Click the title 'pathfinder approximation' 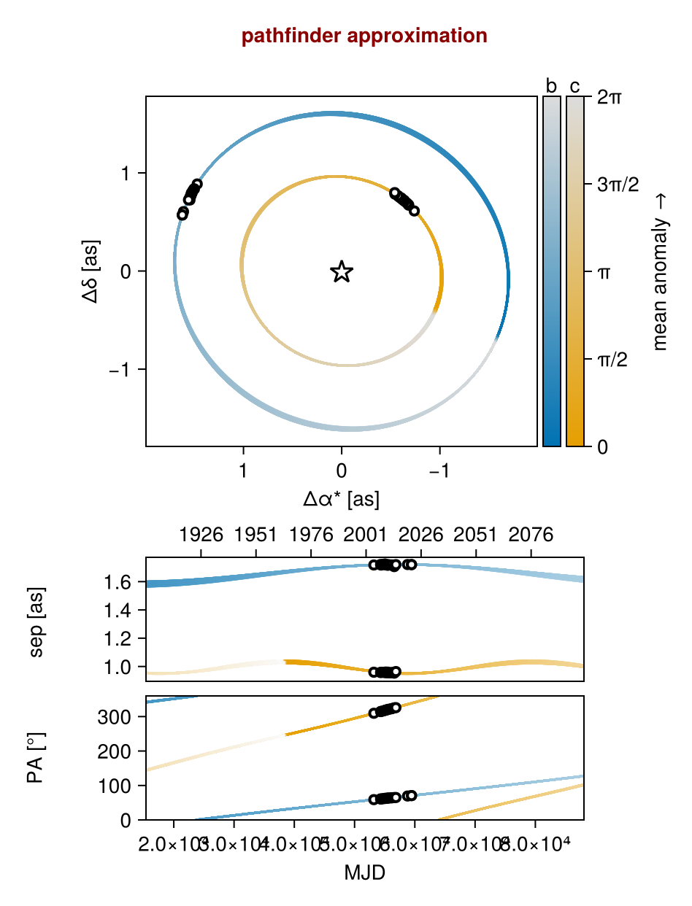click(364, 36)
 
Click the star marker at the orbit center click(342, 272)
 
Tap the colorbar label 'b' click(551, 86)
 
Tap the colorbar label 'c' click(575, 86)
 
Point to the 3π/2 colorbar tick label click(618, 185)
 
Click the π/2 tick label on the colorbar click(613, 359)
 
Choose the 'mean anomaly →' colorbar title click(661, 271)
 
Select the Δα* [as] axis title click(341, 499)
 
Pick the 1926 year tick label click(201, 535)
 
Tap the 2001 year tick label click(366, 535)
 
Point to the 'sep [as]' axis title click(36, 620)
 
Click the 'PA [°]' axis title click(36, 758)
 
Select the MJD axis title click(364, 872)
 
